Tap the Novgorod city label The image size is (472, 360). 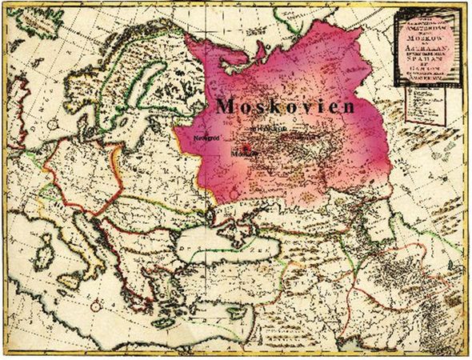point(206,137)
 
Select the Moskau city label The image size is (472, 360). point(241,152)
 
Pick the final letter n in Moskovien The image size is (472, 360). point(349,106)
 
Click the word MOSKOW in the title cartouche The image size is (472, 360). point(421,38)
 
